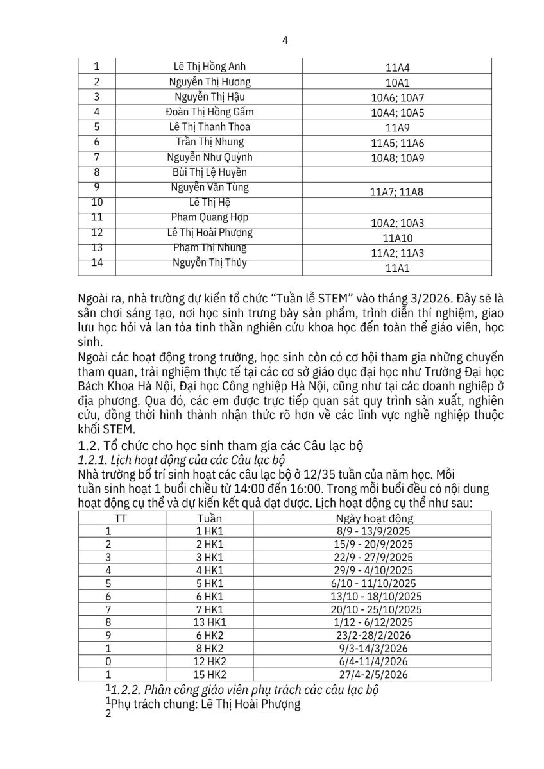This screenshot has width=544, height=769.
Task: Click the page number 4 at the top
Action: click(285, 40)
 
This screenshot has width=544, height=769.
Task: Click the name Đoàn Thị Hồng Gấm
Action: click(210, 112)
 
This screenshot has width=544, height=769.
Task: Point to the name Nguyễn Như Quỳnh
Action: click(210, 157)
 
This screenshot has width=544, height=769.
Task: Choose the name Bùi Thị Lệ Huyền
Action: click(210, 172)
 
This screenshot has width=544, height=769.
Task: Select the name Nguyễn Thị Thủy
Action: click(210, 262)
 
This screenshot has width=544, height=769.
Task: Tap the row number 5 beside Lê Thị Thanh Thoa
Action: click(97, 126)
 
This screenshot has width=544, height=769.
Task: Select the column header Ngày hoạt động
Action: click(375, 518)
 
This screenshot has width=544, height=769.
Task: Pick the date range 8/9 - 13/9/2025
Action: click(375, 531)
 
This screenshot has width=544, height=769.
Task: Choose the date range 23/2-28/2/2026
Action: click(375, 635)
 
